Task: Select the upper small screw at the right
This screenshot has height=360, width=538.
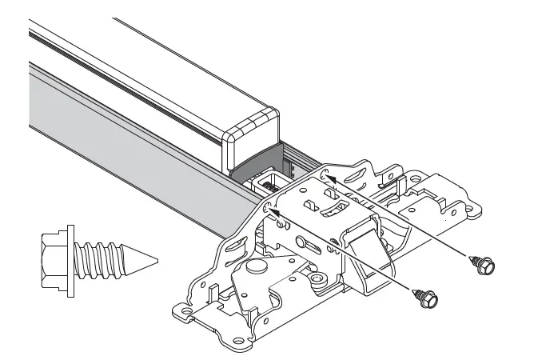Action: (484, 263)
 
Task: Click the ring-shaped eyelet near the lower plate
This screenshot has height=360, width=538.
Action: (317, 278)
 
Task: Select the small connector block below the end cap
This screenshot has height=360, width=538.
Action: (266, 183)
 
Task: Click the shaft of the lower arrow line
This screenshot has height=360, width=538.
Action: (344, 251)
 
